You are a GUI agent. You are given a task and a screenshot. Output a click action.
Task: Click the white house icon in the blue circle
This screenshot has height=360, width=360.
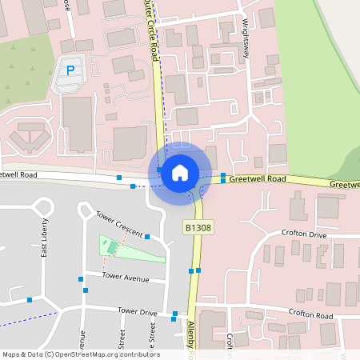[180, 171]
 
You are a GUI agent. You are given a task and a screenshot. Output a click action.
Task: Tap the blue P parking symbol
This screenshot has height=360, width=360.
[70, 70]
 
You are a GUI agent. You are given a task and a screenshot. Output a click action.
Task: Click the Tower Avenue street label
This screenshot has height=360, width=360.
[126, 277]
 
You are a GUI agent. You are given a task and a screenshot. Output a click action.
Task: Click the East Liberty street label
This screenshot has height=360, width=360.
[45, 238]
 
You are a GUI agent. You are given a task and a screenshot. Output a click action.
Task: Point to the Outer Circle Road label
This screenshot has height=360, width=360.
[151, 32]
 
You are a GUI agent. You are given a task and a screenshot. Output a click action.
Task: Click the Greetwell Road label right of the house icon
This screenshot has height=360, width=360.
[257, 179]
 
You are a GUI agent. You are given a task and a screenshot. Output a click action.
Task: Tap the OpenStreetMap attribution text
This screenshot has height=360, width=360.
[81, 354]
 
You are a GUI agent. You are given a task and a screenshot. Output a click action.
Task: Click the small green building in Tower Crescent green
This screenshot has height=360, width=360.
[110, 248]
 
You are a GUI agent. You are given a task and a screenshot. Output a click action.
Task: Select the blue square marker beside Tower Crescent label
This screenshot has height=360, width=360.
[148, 236]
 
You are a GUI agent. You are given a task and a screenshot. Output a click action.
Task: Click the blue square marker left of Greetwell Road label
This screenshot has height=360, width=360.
[223, 180]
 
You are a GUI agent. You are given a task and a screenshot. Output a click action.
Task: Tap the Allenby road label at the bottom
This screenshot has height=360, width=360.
[192, 336]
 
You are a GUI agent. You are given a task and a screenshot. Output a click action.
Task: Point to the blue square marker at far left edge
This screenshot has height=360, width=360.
[30, 299]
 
